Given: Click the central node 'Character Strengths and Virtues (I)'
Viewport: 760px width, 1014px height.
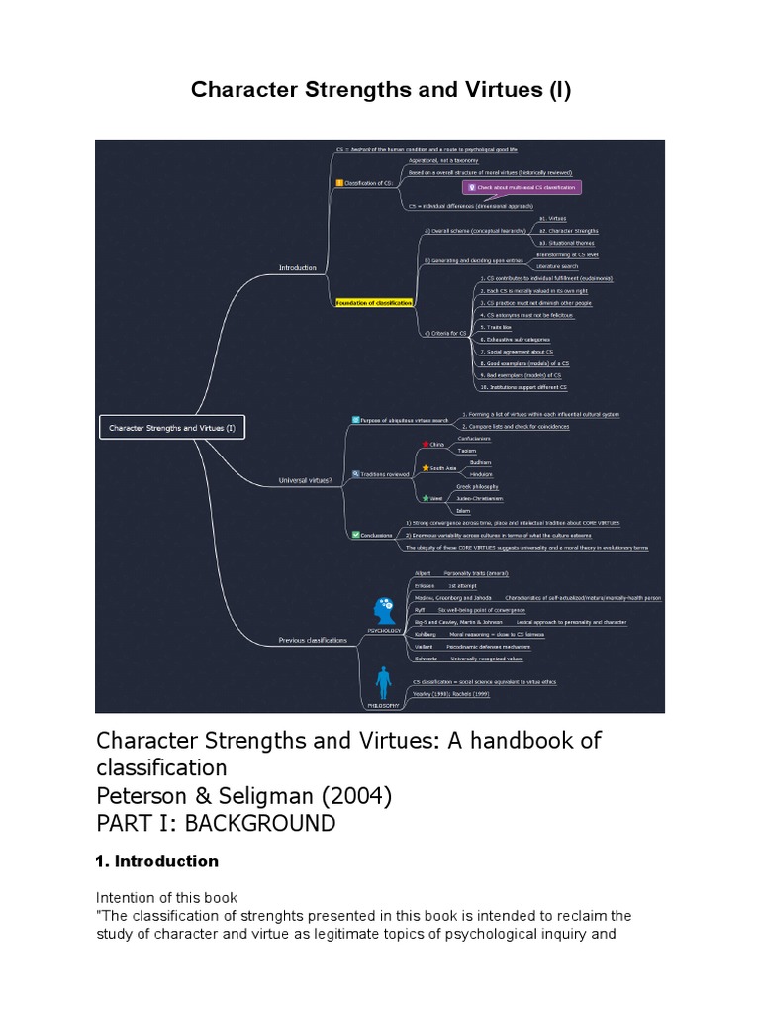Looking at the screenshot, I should pos(172,428).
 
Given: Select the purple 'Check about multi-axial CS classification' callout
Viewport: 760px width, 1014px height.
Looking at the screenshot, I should pos(522,187).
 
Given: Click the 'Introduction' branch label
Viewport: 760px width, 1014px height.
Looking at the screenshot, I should pos(297,267).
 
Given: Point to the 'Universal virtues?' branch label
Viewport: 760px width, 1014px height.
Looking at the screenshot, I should pos(306,481).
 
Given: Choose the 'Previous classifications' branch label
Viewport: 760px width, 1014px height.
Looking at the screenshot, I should pos(314,640).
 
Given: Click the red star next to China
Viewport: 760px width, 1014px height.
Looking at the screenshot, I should pos(426,445).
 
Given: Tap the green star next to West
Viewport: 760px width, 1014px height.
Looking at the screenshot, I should pos(426,498).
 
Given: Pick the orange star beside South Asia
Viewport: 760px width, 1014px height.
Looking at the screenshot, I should pos(426,467).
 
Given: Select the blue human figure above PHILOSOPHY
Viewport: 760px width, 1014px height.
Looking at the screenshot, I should pos(383,683).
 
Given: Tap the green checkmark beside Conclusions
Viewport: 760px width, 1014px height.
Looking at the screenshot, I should pos(356,534).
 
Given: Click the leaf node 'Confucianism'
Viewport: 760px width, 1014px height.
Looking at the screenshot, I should pos(473,438).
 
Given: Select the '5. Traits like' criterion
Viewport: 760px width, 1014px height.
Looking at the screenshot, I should pos(495,326).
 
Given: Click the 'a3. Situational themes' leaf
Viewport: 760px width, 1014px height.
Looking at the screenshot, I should pos(568,242).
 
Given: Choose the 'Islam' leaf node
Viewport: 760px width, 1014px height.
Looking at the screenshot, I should pos(463,510).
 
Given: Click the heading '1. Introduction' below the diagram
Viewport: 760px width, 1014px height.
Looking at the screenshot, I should pos(156,861).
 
